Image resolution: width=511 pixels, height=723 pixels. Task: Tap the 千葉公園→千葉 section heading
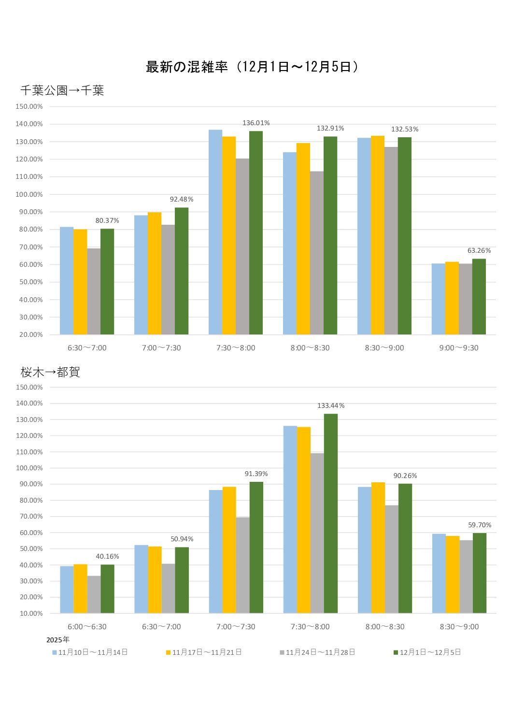tap(62, 90)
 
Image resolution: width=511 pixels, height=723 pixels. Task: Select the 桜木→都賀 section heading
tap(50, 372)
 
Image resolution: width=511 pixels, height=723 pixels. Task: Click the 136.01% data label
tap(256, 123)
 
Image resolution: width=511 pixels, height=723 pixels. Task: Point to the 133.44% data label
tap(331, 406)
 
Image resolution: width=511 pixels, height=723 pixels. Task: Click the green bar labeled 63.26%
tap(479, 297)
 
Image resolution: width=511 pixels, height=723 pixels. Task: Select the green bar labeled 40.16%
tap(107, 589)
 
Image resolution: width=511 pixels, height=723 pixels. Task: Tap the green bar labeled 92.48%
tap(182, 271)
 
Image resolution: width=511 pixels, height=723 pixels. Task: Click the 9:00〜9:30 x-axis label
tap(459, 348)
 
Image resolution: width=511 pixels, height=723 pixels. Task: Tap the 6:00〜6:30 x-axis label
tap(87, 627)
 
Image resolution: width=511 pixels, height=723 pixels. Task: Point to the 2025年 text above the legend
tap(58, 640)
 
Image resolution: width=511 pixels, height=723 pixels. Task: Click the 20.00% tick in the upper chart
tap(31, 335)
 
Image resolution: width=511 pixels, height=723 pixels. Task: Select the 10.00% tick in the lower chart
tap(31, 614)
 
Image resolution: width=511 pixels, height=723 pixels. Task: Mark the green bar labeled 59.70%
tap(480, 573)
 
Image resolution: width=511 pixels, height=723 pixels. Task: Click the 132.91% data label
tap(330, 129)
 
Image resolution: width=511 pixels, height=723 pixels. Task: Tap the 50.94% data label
tap(182, 539)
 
